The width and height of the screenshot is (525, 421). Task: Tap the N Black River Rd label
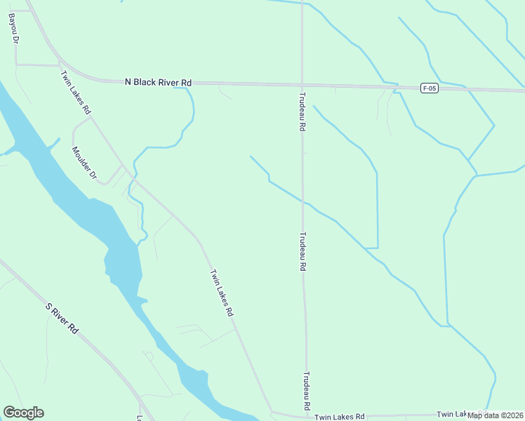click(158, 83)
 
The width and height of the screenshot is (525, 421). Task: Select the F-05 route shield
click(430, 88)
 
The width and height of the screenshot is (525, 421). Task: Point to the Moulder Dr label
click(84, 161)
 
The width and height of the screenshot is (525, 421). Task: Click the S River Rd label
click(61, 317)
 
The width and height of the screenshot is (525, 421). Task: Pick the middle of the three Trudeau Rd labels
click(304, 252)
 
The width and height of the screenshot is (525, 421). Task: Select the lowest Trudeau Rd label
click(307, 391)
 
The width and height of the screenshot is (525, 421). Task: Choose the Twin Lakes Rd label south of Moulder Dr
click(221, 293)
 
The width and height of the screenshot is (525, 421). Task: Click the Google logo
click(23, 413)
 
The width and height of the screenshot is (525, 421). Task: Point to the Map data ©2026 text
click(496, 415)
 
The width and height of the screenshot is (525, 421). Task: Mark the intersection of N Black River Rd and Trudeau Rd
click(303, 84)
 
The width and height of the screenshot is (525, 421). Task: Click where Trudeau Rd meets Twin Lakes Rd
click(307, 415)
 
